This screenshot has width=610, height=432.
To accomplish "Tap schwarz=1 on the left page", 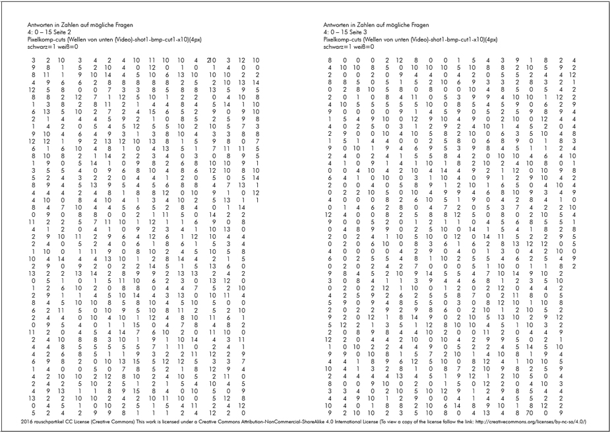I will point(34,47).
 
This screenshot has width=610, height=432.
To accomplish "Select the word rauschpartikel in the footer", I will point(51,421).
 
